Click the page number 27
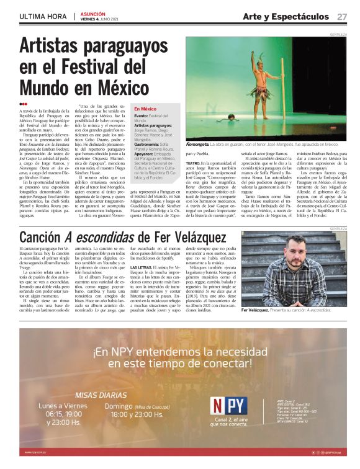tap(342, 16)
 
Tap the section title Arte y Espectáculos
tap(286, 16)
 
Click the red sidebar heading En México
tap(145, 109)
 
